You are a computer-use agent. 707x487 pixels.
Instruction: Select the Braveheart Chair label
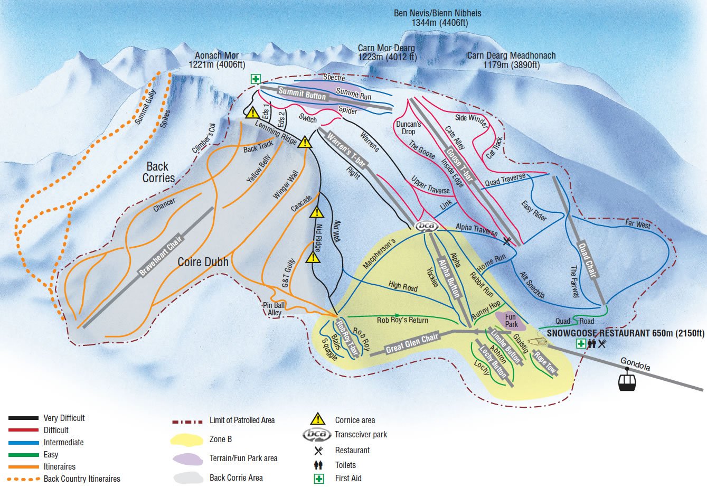160,255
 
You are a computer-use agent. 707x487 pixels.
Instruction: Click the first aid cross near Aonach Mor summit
256,79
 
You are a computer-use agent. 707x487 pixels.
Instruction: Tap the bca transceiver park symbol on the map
427,227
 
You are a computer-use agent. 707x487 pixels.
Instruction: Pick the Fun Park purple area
507,320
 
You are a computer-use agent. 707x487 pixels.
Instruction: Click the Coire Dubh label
203,261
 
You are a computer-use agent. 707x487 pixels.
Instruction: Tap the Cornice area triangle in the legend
318,419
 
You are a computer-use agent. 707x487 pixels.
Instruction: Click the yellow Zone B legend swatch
187,439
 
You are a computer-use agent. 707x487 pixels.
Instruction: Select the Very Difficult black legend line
23,418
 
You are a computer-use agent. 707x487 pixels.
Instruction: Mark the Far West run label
638,224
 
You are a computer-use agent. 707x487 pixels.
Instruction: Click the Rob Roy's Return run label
402,320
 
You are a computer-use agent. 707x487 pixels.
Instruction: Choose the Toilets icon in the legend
318,465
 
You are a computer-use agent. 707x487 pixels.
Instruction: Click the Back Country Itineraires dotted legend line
23,479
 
